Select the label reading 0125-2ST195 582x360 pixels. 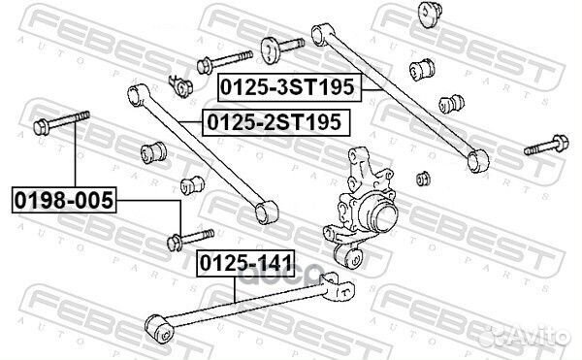(275, 123)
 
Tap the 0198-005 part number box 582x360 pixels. (62, 202)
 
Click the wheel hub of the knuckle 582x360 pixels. (379, 215)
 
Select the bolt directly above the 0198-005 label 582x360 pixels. (60, 123)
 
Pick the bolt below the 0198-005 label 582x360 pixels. (188, 237)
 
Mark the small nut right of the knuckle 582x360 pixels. (423, 178)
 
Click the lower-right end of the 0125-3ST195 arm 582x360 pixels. (474, 157)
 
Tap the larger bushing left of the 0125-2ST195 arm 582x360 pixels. (156, 153)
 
